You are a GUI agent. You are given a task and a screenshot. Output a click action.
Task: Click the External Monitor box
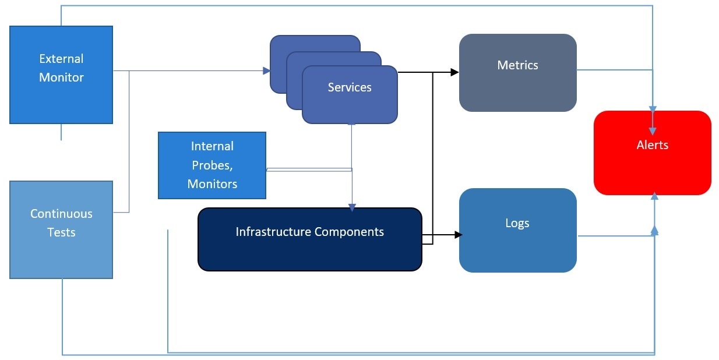pyautogui.click(x=61, y=75)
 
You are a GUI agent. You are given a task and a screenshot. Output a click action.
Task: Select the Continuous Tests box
pyautogui.click(x=61, y=230)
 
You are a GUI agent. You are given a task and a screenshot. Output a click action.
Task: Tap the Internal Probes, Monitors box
pyautogui.click(x=212, y=165)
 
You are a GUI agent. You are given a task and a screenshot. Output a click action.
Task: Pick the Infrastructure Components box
pyautogui.click(x=310, y=239)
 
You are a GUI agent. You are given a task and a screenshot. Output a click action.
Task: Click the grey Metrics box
pyautogui.click(x=518, y=73)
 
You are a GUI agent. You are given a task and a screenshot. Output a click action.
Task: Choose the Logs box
pyautogui.click(x=518, y=230)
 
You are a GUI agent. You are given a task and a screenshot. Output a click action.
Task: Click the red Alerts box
pyautogui.click(x=653, y=153)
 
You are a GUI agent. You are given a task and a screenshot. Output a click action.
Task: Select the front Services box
pyautogui.click(x=350, y=94)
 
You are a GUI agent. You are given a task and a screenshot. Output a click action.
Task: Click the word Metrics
pyautogui.click(x=517, y=65)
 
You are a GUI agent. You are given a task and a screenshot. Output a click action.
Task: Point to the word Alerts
pyautogui.click(x=653, y=145)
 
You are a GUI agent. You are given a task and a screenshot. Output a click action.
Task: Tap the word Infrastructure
pyautogui.click(x=273, y=232)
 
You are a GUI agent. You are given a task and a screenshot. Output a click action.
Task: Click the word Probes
pyautogui.click(x=212, y=165)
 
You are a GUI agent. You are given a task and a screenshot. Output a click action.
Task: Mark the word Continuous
pyautogui.click(x=61, y=214)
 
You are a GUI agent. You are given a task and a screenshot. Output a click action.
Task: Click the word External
pyautogui.click(x=61, y=59)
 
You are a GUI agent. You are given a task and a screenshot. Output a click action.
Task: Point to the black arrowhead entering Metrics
pyautogui.click(x=454, y=72)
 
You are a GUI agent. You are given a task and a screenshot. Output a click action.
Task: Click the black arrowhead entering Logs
pyautogui.click(x=459, y=235)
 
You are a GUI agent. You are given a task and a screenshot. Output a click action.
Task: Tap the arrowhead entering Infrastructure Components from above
pyautogui.click(x=352, y=207)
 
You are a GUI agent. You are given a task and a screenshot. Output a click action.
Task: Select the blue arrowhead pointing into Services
pyautogui.click(x=266, y=70)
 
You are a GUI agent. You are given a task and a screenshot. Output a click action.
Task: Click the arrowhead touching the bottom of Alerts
pyautogui.click(x=654, y=196)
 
